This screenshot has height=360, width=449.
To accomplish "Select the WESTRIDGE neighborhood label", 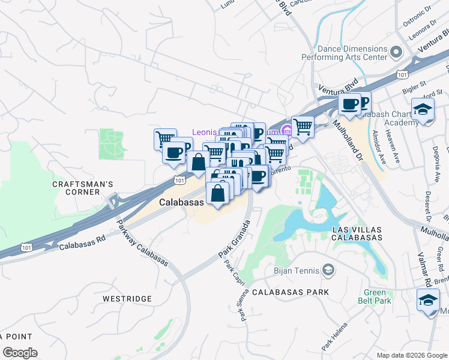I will (124, 298).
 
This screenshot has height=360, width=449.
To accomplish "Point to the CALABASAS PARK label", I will (291, 292).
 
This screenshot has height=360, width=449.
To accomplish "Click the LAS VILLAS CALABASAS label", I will (357, 234).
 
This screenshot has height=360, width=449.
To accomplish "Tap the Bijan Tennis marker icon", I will (328, 271).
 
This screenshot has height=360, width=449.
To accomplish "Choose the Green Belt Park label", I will (375, 297).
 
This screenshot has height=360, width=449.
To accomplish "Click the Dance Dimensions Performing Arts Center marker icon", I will (396, 52).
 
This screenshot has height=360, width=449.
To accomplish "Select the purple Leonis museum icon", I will (288, 131).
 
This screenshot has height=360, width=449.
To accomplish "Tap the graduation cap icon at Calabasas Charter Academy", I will (423, 110).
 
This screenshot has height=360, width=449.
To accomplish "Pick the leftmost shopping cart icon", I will (164, 139).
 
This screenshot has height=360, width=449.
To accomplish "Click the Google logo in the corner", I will (20, 353).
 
